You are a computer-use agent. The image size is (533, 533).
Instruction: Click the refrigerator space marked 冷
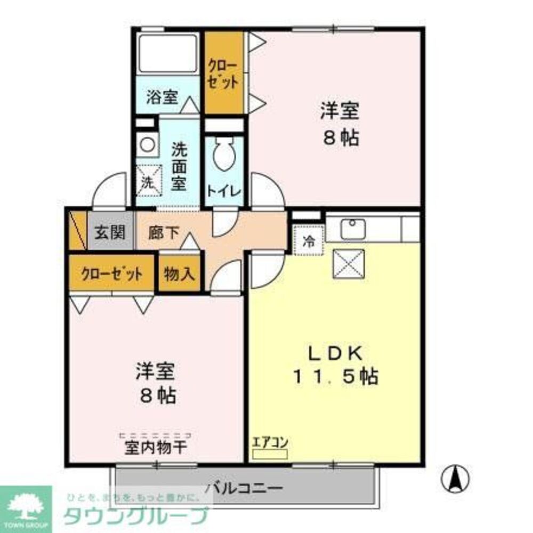coord(309,240)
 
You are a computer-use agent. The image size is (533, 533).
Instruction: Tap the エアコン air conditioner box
coord(270,454)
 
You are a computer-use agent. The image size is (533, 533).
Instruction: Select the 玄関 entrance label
coord(110,232)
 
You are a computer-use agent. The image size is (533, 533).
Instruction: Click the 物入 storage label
coord(180,274)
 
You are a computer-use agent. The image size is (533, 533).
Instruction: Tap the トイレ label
coord(224,191)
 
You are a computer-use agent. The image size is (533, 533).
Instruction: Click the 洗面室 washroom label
coord(178,167)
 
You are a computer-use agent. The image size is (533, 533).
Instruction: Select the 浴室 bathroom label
coord(161,98)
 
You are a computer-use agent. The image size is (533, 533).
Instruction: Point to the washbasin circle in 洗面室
coord(146,144)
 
